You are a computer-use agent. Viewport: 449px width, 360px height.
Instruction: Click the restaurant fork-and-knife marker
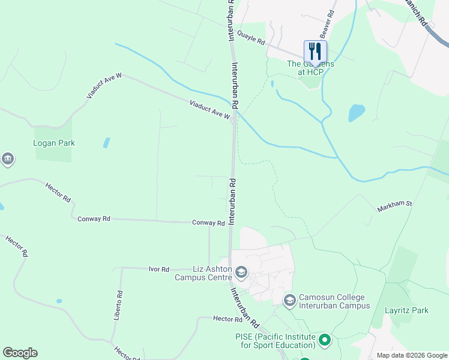point(315,50)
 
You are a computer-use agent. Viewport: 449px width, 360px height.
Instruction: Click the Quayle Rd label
point(251,38)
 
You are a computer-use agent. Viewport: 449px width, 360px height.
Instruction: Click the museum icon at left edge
point(7,159)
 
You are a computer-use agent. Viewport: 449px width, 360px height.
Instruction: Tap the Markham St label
point(394,206)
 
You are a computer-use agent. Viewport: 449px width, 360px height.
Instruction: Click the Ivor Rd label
point(159,269)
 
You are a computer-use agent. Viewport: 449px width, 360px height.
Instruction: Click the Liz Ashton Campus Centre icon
point(241,274)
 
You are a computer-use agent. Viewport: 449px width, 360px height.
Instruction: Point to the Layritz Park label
point(407,310)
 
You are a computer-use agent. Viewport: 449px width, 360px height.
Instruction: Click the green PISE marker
point(325,341)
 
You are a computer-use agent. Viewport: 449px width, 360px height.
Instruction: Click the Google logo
point(20,353)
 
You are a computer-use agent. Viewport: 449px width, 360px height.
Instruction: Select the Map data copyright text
point(412,355)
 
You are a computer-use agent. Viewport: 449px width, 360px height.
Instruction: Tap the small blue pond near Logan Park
point(106,143)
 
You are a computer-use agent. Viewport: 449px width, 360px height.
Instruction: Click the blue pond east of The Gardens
point(357,113)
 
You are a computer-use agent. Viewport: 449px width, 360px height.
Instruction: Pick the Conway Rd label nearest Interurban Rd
point(208,223)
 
